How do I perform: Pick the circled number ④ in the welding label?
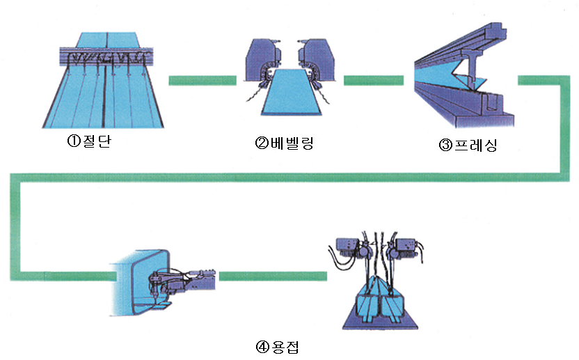pyautogui.click(x=262, y=346)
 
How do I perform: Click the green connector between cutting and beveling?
pyautogui.click(x=203, y=80)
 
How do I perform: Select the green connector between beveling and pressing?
pyautogui.click(x=375, y=80)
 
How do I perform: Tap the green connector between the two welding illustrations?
pyautogui.click(x=272, y=276)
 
